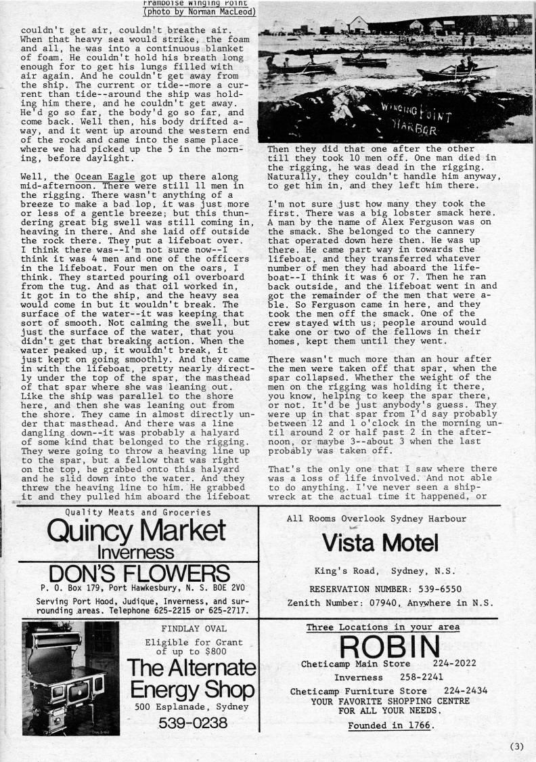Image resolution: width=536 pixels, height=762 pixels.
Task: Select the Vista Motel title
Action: (380, 543)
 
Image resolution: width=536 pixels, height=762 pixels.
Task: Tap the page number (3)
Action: (516, 747)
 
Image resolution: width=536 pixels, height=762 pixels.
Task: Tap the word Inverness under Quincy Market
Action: (136, 552)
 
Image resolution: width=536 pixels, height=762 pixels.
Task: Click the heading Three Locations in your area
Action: (382, 627)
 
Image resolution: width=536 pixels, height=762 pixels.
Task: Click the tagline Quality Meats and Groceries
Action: (136, 512)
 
